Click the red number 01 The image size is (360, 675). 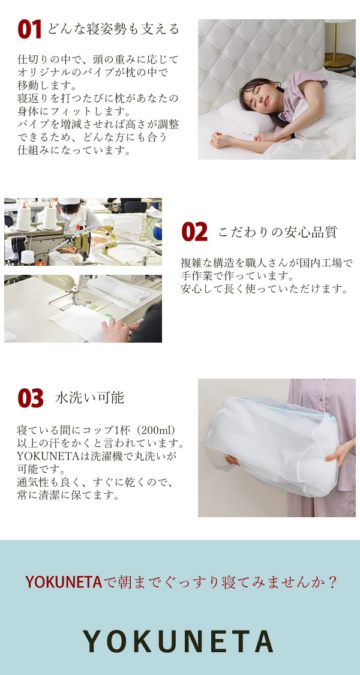(x=29, y=29)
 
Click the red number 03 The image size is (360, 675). (x=31, y=398)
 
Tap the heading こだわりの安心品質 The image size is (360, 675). (x=277, y=232)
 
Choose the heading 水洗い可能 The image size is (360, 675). (x=89, y=397)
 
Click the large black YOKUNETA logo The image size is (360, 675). (x=179, y=642)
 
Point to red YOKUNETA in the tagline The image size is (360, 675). (x=63, y=581)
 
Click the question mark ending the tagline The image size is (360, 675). (x=332, y=581)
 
